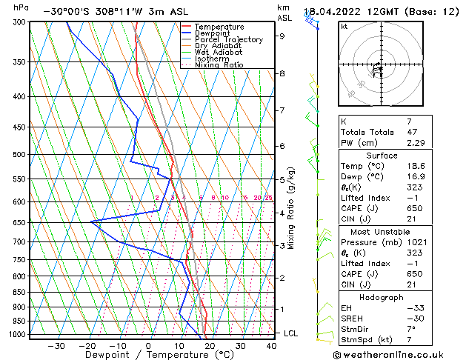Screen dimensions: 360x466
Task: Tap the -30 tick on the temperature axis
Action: [56, 345]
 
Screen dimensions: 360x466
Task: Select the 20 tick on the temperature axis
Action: [210, 345]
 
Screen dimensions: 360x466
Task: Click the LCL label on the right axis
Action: [291, 333]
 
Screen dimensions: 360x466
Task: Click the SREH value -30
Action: [414, 319]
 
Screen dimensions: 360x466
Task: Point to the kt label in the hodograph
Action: [344, 27]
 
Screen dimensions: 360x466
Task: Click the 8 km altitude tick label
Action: [282, 74]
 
